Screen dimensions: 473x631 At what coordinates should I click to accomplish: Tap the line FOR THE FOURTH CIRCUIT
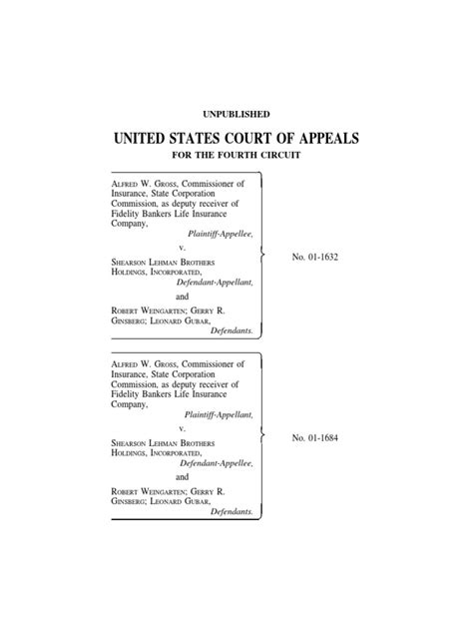(236, 158)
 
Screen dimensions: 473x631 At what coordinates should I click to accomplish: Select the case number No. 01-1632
(317, 258)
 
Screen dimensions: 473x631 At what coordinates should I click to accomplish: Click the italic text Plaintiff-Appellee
(221, 232)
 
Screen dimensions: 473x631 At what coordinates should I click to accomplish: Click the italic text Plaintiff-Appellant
(219, 412)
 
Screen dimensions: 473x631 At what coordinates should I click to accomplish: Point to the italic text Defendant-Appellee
(217, 464)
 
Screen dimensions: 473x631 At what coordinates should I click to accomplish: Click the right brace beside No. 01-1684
(261, 436)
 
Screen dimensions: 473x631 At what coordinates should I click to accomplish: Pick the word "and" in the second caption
(182, 477)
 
